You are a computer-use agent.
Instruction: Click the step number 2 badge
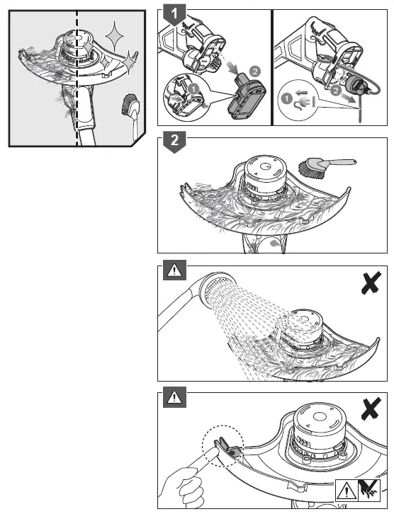pyautogui.click(x=170, y=141)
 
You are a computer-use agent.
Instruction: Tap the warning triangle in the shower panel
pyautogui.click(x=172, y=270)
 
